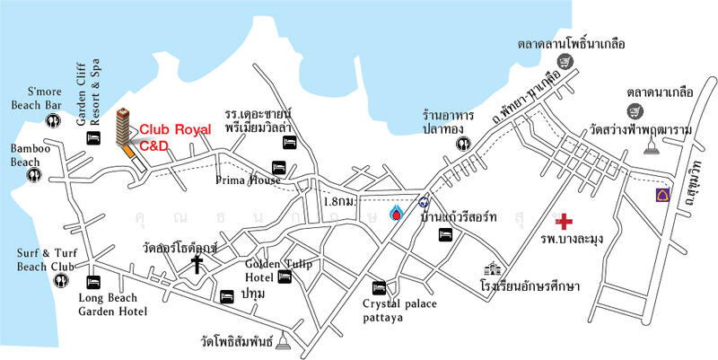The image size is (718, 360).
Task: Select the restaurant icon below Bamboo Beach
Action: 34,174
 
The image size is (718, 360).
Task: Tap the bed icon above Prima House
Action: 279,168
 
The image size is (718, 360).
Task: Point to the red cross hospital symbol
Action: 565,221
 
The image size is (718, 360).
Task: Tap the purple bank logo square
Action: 664,197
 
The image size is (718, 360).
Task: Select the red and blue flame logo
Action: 397,214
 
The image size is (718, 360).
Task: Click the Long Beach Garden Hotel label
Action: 112,304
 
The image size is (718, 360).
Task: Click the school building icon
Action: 492,270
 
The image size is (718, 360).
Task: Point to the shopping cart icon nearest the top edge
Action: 565,61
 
